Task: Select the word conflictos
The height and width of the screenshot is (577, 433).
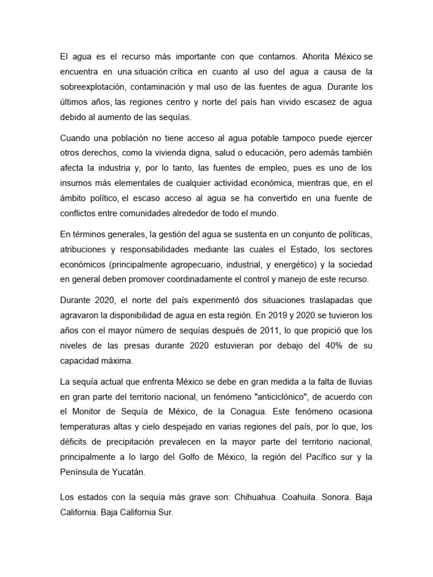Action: [x=79, y=214]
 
